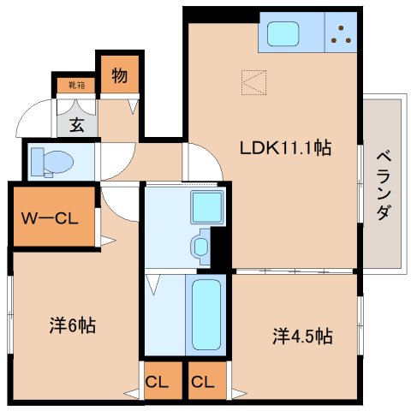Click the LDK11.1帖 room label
[285, 148]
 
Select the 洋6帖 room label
[72, 325]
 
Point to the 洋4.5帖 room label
[302, 336]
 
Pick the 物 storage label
[119, 76]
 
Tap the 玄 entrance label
[76, 125]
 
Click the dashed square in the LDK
[254, 81]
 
